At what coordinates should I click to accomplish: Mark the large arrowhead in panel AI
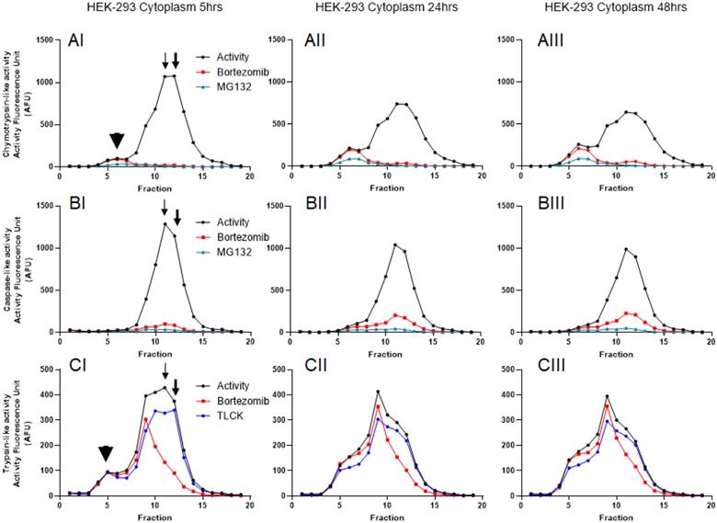point(116,140)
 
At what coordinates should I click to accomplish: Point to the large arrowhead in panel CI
point(106,453)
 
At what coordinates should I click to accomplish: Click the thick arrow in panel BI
point(176,217)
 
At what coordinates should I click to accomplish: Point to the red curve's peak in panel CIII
point(607,405)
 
